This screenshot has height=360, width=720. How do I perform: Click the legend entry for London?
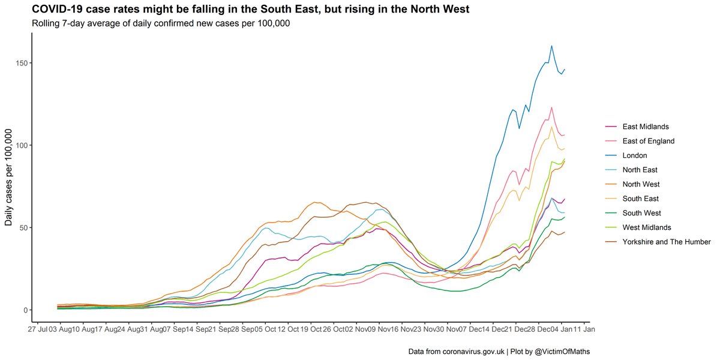(634, 155)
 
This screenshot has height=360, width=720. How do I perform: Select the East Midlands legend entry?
(645, 127)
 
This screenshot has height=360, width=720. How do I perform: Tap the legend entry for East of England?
(648, 141)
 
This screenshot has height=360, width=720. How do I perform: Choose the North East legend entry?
(640, 170)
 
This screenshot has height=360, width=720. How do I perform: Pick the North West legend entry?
(641, 184)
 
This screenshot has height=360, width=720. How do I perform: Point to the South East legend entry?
(641, 199)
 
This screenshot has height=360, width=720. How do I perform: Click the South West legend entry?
(641, 213)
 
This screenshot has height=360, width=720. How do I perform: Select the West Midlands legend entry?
(647, 227)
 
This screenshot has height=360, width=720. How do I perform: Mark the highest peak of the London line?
(551, 46)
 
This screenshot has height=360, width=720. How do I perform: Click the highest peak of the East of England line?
(551, 107)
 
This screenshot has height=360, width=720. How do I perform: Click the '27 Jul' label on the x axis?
(37, 329)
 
